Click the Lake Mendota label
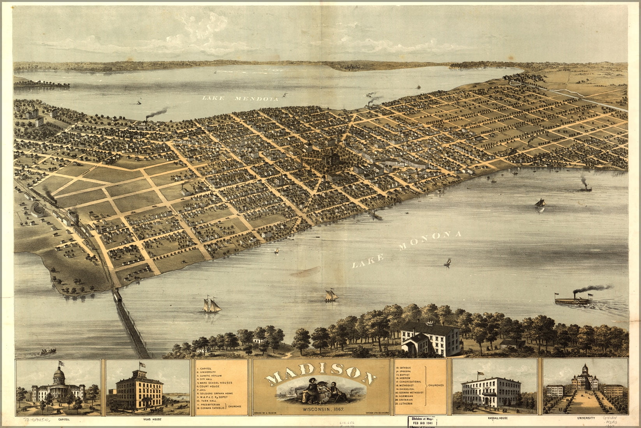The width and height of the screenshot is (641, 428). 240,99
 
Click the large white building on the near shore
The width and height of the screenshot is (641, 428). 430,338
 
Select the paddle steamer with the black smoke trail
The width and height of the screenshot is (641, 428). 572,300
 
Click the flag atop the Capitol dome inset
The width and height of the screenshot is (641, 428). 60,363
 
